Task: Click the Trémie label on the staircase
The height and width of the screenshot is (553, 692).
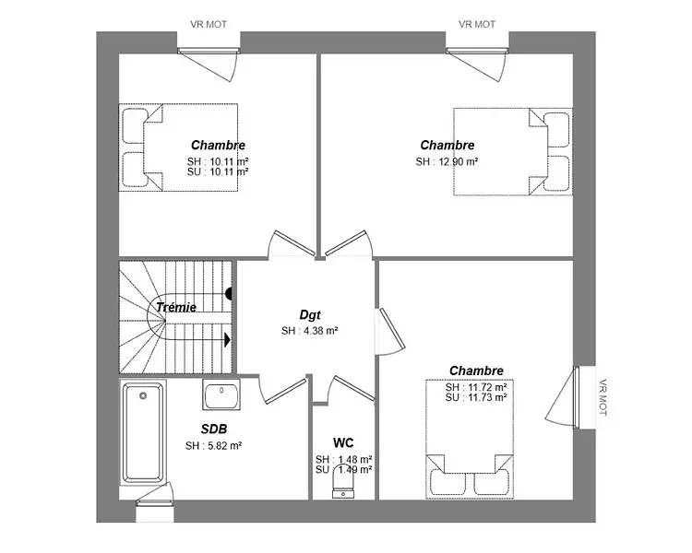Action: [x=176, y=307]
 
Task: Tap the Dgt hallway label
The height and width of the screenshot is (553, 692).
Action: [x=310, y=315]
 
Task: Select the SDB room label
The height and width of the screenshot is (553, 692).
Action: [x=214, y=429]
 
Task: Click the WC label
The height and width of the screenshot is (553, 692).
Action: [x=343, y=442]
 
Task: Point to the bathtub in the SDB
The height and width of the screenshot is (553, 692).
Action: [x=142, y=432]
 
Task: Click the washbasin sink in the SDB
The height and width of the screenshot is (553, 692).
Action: [x=221, y=394]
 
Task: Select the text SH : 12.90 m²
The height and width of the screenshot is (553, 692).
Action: [x=447, y=162]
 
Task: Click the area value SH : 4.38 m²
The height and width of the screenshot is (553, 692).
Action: [x=310, y=331]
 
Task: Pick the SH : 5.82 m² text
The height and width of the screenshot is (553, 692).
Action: [x=214, y=446]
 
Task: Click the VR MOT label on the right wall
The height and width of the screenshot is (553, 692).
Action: [x=603, y=397]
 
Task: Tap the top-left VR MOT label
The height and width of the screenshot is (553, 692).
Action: [x=209, y=25]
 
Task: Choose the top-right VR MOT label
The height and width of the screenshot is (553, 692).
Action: [x=477, y=25]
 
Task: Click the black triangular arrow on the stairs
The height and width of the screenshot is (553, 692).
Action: [x=228, y=340]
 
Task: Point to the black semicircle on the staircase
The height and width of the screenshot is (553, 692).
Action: [x=229, y=294]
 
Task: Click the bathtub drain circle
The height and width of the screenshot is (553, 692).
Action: [x=143, y=396]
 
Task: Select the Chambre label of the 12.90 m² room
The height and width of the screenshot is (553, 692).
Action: [x=447, y=145]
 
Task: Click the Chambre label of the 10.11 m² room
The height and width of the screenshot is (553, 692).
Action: [x=218, y=145]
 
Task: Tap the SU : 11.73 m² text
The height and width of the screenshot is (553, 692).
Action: [x=476, y=397]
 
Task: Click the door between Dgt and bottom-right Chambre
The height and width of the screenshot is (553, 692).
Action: [x=390, y=331]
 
